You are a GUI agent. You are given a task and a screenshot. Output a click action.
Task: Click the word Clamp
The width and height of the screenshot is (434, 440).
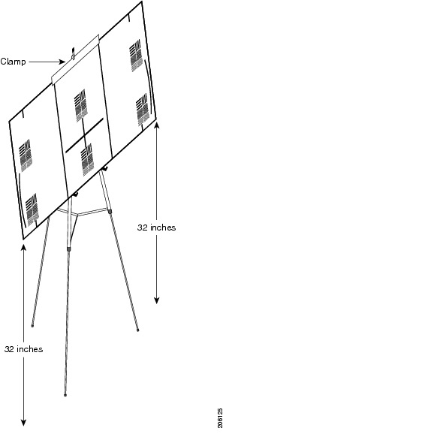[x=14, y=62]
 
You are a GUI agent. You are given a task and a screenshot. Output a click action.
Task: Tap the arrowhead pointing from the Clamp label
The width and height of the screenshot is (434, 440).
[x=63, y=62]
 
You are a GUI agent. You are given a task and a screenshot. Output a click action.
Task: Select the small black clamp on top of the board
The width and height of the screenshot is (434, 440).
[x=74, y=53]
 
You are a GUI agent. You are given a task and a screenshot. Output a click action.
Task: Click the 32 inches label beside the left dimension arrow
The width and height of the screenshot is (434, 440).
[x=24, y=349]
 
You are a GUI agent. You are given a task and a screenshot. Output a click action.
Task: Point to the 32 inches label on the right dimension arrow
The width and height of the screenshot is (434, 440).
[x=156, y=228]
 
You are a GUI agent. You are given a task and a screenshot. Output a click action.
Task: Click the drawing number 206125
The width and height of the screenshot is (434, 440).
[x=220, y=418]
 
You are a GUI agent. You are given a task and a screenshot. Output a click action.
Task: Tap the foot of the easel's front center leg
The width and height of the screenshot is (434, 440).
[x=65, y=395]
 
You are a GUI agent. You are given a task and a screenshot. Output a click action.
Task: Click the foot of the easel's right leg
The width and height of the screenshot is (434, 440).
[x=137, y=330]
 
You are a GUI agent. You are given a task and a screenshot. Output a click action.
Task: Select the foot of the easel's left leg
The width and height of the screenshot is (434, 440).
[x=32, y=326]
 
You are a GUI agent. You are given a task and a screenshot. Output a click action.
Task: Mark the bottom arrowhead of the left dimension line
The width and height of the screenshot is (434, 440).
[x=23, y=423]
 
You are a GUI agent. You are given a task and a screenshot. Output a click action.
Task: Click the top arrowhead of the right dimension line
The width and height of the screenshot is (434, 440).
[x=157, y=125]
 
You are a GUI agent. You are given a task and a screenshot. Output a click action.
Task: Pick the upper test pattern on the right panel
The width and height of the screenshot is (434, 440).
[x=136, y=56]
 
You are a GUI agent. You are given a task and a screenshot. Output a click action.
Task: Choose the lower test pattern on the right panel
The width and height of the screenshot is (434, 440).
[x=142, y=110]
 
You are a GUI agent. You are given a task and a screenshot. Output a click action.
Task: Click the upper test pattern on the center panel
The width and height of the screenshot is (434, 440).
[x=81, y=106]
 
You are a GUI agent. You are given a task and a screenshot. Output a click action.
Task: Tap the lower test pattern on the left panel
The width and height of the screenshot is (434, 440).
[x=32, y=209]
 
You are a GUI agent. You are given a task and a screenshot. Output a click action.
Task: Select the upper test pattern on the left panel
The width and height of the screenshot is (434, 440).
[x=26, y=155]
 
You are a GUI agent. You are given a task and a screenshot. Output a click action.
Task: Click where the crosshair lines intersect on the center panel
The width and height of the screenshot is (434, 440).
[x=84, y=136]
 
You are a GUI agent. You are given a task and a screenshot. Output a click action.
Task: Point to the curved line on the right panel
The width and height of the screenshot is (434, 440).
[x=149, y=86]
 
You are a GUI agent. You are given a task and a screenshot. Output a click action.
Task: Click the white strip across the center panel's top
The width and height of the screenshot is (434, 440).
[x=75, y=59]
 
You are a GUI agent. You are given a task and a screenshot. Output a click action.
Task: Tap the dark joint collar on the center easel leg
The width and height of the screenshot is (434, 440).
[x=69, y=249]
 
